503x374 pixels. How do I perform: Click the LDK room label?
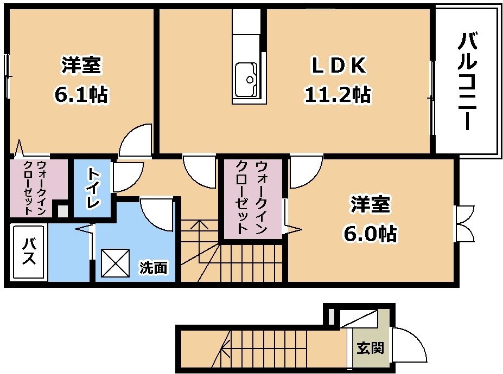point(339,66)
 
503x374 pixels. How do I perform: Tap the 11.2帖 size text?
point(338,95)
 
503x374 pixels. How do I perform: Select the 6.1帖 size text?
point(81,94)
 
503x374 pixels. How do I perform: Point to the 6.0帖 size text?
point(371,233)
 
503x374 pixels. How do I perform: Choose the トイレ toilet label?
point(92,189)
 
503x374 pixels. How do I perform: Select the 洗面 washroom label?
point(154,267)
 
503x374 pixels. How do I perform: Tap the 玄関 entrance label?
point(371,348)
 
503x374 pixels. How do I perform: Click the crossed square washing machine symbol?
point(115,263)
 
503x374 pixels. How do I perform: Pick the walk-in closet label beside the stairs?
point(252,197)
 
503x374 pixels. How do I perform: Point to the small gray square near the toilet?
point(63,211)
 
